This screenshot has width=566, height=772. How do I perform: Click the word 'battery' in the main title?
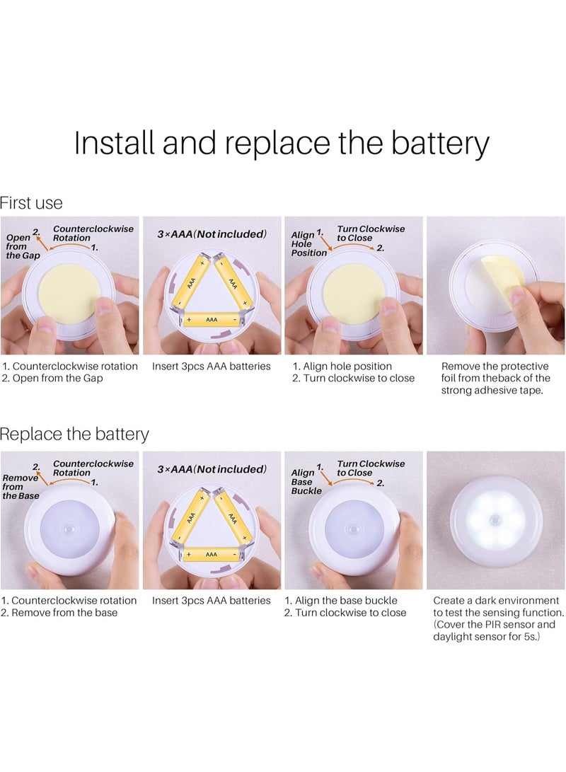click(x=440, y=143)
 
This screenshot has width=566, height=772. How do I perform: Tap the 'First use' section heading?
click(x=31, y=203)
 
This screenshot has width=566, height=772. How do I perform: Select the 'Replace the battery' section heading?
click(x=74, y=434)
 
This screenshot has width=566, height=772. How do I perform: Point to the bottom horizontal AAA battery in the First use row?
click(x=212, y=320)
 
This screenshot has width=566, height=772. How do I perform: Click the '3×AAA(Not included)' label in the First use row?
click(x=212, y=234)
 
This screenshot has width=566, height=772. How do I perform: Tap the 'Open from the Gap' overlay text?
click(x=23, y=246)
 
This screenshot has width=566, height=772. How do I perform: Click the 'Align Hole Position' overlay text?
click(x=308, y=243)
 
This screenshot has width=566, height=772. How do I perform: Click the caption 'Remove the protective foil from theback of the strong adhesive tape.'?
click(x=496, y=378)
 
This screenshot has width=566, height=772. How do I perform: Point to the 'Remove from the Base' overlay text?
click(x=21, y=486)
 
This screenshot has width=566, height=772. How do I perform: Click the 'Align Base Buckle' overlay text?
click(x=306, y=481)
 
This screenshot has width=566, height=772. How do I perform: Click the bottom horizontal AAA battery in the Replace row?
click(x=212, y=554)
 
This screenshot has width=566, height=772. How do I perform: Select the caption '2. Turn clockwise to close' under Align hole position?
click(x=353, y=378)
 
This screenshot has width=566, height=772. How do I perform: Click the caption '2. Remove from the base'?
click(x=59, y=613)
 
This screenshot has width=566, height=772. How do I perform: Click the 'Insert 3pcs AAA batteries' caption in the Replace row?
click(x=211, y=600)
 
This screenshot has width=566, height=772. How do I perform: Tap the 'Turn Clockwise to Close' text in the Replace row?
click(x=371, y=468)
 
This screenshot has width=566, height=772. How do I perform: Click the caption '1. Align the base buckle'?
click(x=341, y=600)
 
